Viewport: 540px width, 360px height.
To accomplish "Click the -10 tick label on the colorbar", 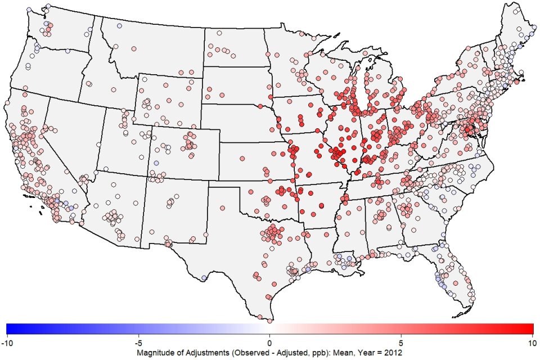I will (7, 341).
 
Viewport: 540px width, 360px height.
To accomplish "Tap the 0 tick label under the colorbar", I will (269, 341).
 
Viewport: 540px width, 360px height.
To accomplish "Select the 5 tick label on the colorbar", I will (401, 341).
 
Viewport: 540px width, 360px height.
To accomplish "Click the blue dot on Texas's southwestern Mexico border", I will (204, 277).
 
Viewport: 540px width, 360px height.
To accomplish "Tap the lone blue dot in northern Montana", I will (119, 26).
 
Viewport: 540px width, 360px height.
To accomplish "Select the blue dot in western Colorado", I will (156, 163).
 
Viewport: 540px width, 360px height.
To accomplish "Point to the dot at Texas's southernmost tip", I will (269, 321).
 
